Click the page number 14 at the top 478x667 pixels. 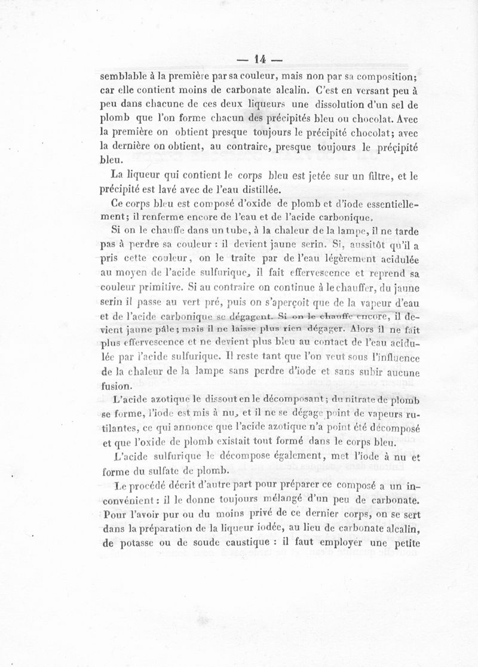tap(259, 59)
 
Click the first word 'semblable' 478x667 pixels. tap(122, 76)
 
